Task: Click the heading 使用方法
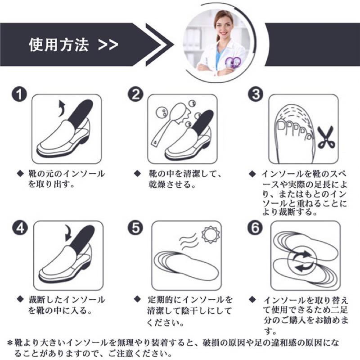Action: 59,45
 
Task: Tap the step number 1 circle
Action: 19,94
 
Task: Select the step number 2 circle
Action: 135,94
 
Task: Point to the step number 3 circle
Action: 256,94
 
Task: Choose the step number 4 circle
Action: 20,228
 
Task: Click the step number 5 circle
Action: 135,228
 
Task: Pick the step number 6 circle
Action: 255,228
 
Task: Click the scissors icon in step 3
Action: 326,137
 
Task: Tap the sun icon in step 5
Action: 210,234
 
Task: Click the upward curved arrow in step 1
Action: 62,108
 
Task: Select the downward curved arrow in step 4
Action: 69,233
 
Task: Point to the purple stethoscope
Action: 233,62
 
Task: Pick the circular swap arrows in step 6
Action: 303,261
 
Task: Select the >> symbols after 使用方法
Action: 108,45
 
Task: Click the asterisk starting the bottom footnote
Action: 9,343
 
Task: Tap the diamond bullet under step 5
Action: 137,299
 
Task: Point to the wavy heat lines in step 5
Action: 189,242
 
